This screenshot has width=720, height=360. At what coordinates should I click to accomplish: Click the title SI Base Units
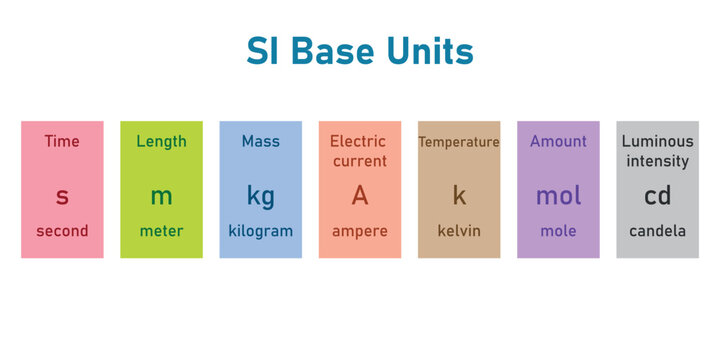[x=360, y=52]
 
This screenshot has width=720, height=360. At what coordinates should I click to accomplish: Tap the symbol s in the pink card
[x=62, y=196]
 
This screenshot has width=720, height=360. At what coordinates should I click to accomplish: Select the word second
[x=62, y=231]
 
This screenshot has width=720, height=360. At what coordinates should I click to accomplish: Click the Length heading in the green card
[x=161, y=141]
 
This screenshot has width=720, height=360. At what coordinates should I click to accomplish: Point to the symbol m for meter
[x=161, y=196]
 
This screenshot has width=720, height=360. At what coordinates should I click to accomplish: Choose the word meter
[x=161, y=231]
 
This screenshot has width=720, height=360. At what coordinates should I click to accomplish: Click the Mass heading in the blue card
[x=260, y=141]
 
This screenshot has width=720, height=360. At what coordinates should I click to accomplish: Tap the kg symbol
[x=260, y=197]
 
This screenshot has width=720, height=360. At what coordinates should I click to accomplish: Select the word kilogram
[x=260, y=231]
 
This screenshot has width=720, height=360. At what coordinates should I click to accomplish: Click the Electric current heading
[x=359, y=151]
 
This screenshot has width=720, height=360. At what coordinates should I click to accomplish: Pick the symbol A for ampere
[x=359, y=195]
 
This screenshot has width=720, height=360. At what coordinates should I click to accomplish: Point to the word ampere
[x=359, y=231]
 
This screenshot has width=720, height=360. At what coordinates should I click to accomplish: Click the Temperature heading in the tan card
[x=458, y=142]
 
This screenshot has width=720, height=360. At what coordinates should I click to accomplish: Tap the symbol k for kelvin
[x=459, y=195]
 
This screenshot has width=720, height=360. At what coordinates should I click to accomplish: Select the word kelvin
[x=459, y=231]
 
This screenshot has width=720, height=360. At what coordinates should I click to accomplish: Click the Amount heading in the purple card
[x=558, y=141]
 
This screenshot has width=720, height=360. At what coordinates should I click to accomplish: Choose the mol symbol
[x=558, y=195]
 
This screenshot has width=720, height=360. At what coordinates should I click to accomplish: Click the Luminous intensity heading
[x=657, y=151]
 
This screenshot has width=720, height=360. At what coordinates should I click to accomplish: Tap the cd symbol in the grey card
[x=657, y=195]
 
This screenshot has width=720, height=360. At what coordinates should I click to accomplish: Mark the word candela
[x=657, y=231]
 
